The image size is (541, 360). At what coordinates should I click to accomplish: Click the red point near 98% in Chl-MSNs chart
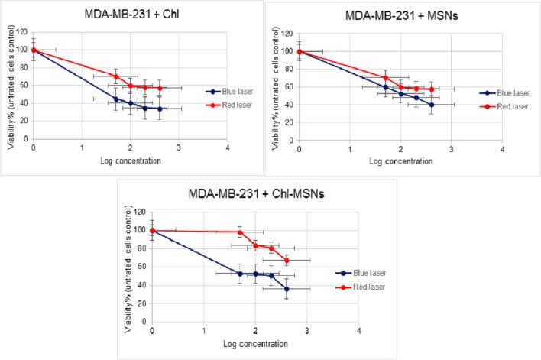click(240, 232)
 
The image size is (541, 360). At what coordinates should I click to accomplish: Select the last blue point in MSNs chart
click(431, 105)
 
